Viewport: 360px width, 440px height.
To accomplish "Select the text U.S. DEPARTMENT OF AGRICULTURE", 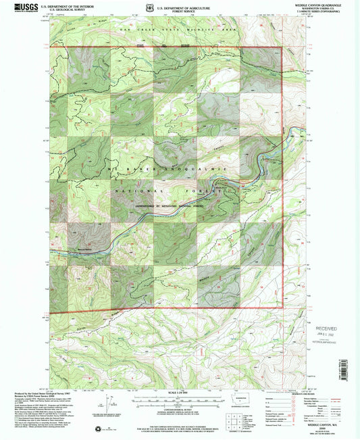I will tap(183, 5).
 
